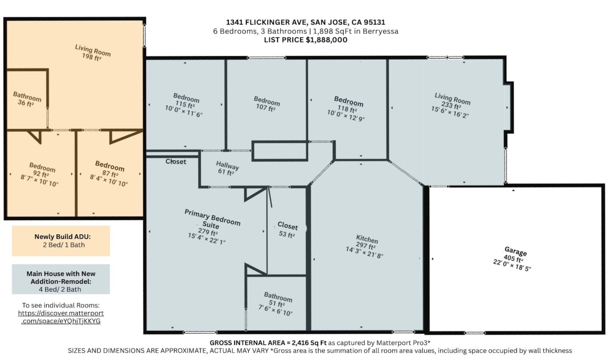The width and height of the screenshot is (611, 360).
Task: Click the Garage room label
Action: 516,251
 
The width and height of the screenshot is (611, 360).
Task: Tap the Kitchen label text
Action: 367,239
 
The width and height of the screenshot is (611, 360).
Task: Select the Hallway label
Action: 227,165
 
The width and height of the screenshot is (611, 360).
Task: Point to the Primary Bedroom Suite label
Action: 212,219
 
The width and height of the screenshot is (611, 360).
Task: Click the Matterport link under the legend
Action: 61,317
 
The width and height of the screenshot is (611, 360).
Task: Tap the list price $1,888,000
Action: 305,40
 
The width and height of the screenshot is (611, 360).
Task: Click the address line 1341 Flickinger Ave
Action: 305,22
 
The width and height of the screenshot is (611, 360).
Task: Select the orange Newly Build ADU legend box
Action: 61,241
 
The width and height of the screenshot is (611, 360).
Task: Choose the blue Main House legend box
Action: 61,279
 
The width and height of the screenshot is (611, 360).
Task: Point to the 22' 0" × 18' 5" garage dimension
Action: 512,265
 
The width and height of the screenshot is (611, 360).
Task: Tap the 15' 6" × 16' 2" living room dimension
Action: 450,112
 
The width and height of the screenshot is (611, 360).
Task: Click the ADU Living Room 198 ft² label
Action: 92,53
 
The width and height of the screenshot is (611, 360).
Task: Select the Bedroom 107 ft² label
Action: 266,104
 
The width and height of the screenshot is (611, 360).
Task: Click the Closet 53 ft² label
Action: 287,230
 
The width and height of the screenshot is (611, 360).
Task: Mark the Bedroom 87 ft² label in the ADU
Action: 109,169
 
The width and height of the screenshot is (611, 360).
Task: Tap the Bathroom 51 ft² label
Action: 277,300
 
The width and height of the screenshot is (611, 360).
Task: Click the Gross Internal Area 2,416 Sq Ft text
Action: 268,343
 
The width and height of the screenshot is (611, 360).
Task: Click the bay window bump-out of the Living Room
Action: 509,107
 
